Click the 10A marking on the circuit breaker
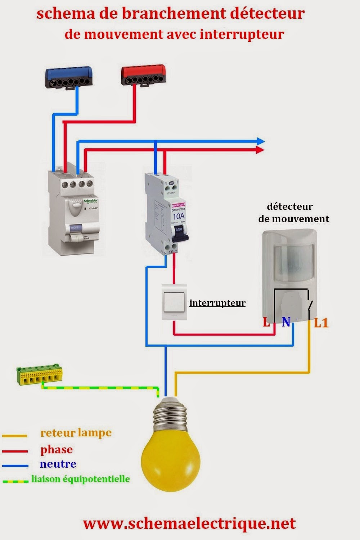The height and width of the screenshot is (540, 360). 179,216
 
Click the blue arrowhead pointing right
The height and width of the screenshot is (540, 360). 260,141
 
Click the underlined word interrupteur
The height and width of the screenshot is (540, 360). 217,303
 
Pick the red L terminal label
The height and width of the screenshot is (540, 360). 266,322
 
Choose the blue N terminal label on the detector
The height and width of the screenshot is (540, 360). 286,322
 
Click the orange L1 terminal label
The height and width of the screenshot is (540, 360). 321,323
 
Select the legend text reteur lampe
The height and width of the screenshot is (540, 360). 76,433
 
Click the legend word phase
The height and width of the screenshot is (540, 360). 57,450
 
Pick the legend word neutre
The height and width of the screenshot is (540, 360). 58,464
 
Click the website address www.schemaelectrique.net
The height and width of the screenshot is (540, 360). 189,523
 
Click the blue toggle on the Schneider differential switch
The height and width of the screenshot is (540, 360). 76,227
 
